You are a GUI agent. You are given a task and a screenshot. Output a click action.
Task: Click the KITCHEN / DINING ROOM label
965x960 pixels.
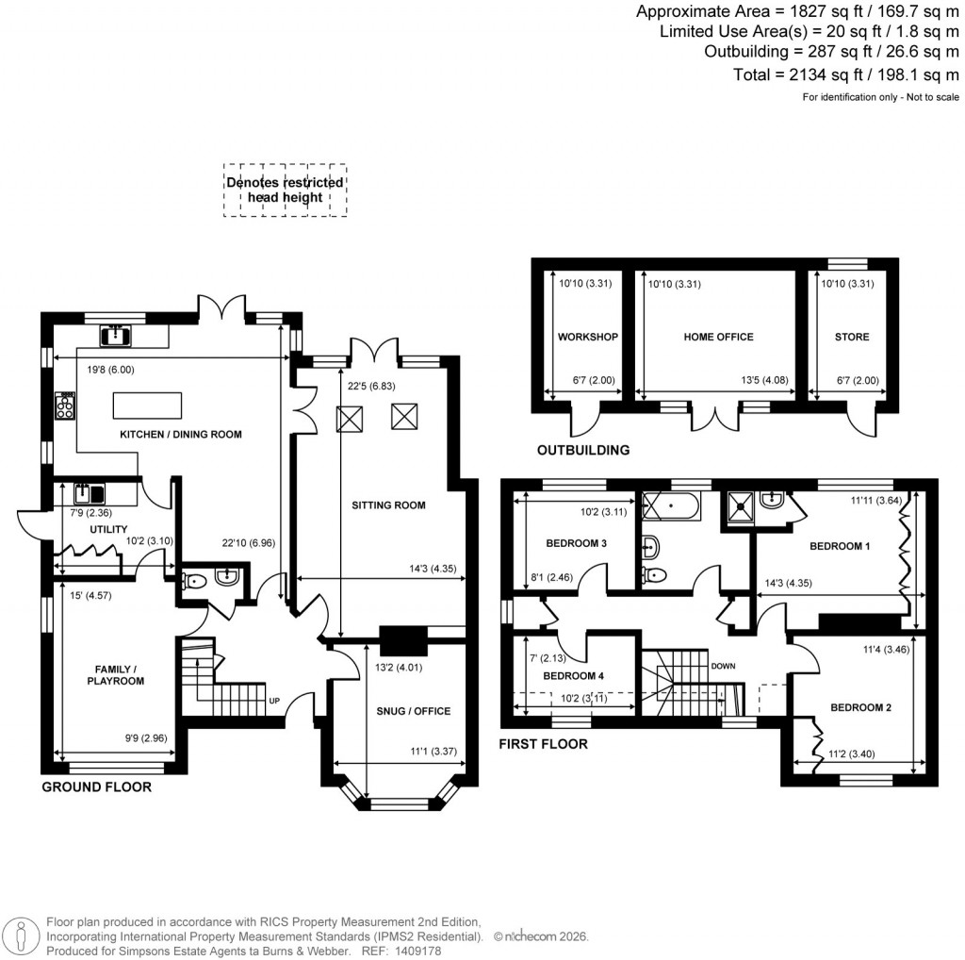(x=180, y=435)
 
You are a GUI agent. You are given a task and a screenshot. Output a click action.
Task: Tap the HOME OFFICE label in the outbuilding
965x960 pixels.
(x=718, y=337)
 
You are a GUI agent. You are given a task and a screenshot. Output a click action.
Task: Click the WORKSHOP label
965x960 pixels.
(x=587, y=337)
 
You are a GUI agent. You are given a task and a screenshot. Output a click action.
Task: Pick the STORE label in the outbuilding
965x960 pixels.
(x=851, y=337)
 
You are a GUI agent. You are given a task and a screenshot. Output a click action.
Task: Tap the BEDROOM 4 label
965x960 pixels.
(x=573, y=676)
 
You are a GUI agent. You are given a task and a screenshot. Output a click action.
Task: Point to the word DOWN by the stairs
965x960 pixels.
(x=723, y=666)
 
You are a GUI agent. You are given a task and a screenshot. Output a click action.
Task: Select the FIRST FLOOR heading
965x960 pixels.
(x=543, y=744)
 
